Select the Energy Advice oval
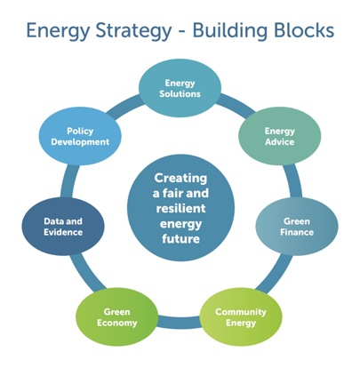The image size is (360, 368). pos(279,137)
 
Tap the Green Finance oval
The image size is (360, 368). pos(297,227)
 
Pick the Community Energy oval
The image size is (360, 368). pos(234,316)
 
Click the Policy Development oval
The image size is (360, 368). pos(86,136)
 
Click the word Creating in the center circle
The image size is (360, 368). pos(180,177)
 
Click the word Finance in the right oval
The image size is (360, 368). pos(297,233)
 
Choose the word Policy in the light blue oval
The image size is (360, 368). pos(86,130)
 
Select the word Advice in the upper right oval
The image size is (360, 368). pos(279,143)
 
